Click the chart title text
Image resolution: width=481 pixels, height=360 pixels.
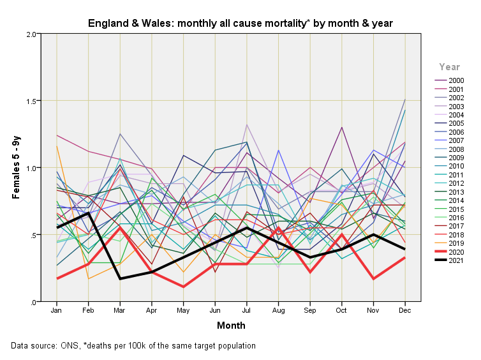pyautogui.click(x=240, y=24)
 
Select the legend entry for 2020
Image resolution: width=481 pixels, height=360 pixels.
pyautogui.click(x=455, y=252)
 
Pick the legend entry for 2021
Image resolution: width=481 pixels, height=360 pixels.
pyautogui.click(x=455, y=260)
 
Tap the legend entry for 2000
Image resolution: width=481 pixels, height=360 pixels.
pyautogui.click(x=455, y=80)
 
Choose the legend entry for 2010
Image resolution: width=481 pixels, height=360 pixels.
pyautogui.click(x=455, y=166)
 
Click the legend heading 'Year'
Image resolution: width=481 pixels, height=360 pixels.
pyautogui.click(x=450, y=66)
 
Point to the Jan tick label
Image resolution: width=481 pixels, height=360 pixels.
pyautogui.click(x=57, y=310)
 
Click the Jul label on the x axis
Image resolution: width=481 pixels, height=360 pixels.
pyautogui.click(x=247, y=310)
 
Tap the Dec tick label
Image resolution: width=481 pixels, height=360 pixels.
pyautogui.click(x=405, y=310)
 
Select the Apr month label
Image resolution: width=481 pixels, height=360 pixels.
pyautogui.click(x=152, y=310)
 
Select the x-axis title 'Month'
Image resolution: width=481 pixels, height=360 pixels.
pyautogui.click(x=231, y=326)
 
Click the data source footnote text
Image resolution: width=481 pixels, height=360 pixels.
pyautogui.click(x=133, y=345)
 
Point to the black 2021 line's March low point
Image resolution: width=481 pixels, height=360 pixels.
pyautogui.click(x=120, y=279)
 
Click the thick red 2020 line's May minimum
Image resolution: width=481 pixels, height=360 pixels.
pyautogui.click(x=184, y=287)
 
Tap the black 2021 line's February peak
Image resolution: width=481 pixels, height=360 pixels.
pyautogui.click(x=89, y=213)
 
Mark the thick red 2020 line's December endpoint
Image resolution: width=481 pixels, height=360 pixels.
pyautogui.click(x=405, y=258)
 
